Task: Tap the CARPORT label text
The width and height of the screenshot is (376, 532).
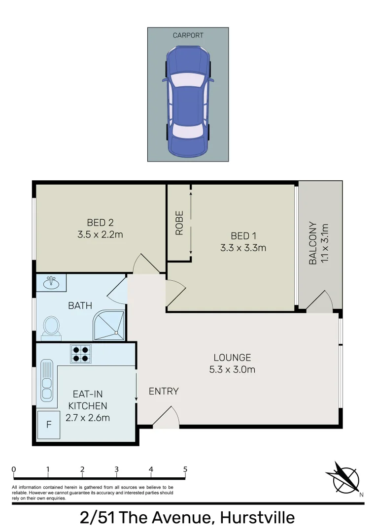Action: pos(188,35)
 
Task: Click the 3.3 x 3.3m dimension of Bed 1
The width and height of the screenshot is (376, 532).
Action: pos(243,248)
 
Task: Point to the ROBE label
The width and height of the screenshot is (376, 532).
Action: pos(179,223)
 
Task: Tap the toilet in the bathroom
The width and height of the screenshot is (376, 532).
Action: pos(51,327)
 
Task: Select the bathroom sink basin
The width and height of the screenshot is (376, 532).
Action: pos(50,283)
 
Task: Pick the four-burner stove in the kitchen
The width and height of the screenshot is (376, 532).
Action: pos(80,353)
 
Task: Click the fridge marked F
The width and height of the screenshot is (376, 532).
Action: pos(49,424)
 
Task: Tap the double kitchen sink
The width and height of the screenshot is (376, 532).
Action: pos(47,380)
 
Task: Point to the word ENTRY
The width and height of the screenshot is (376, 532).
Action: pos(164,391)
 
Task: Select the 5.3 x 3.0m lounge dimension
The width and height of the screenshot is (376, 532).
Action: pos(232,369)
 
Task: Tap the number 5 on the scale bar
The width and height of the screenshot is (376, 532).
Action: pos(185,469)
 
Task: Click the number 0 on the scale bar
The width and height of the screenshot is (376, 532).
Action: pos(14,469)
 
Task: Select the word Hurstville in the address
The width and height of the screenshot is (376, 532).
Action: pos(257,518)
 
